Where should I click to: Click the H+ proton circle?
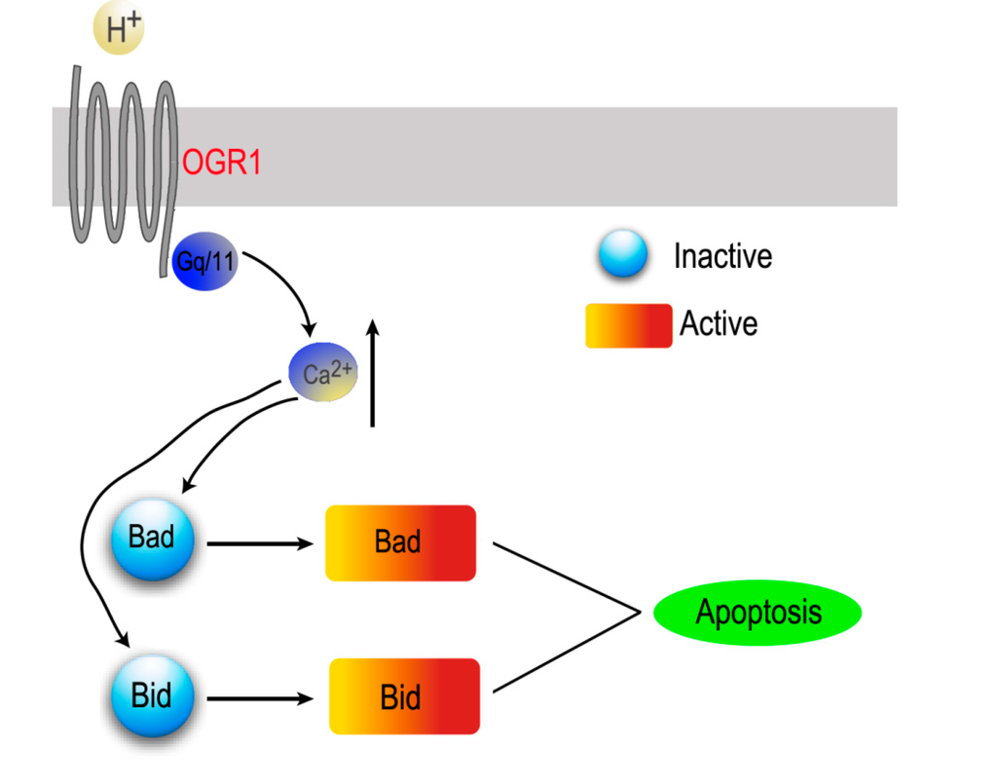point(118,29)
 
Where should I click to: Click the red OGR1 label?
point(222,162)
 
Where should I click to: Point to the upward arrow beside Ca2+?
point(372,375)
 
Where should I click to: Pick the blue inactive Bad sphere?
point(152,540)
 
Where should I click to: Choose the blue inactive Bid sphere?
point(152,697)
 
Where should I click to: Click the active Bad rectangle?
point(400,542)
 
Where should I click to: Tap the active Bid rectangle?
point(404,697)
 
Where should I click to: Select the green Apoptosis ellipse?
point(757,613)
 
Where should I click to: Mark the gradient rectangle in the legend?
point(628,325)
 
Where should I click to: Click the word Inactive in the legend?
point(722,256)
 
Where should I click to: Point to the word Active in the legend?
point(719,323)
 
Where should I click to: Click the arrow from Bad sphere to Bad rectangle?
point(258,543)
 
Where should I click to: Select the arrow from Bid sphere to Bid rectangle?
point(258,698)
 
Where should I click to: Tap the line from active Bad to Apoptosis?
point(565,577)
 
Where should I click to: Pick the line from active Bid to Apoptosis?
point(565,653)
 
